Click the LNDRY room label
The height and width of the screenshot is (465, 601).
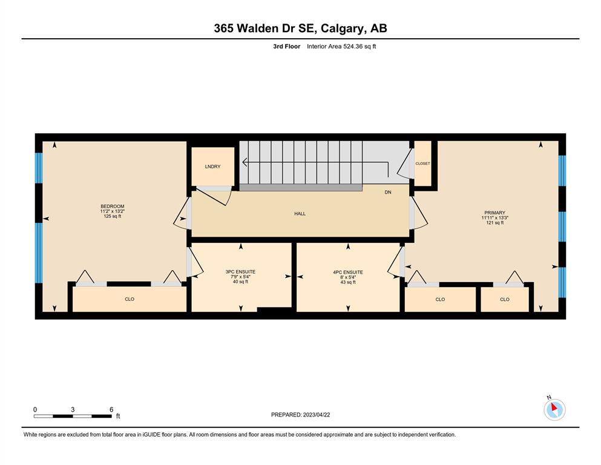tap(212, 167)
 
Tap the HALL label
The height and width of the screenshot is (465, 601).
tap(300, 214)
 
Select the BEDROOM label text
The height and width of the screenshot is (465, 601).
tap(113, 206)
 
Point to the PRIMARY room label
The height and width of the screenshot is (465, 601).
tap(495, 213)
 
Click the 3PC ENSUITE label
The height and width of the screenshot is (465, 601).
tap(240, 272)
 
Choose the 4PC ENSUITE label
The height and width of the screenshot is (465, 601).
tap(348, 272)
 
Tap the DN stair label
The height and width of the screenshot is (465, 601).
tap(388, 192)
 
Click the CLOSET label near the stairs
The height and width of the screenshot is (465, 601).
tap(423, 163)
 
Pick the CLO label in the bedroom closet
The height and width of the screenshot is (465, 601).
tap(130, 299)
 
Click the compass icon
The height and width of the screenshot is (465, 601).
tap(554, 409)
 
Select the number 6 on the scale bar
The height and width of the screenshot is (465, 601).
tap(111, 409)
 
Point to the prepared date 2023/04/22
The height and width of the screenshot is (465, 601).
tap(317, 415)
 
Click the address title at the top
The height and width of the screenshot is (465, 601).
tap(300, 28)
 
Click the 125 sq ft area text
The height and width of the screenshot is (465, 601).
tap(113, 216)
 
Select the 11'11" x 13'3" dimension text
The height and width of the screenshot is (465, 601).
tap(495, 218)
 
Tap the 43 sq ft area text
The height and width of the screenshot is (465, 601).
tap(348, 282)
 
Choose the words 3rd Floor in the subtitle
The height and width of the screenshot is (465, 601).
tap(287, 47)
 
